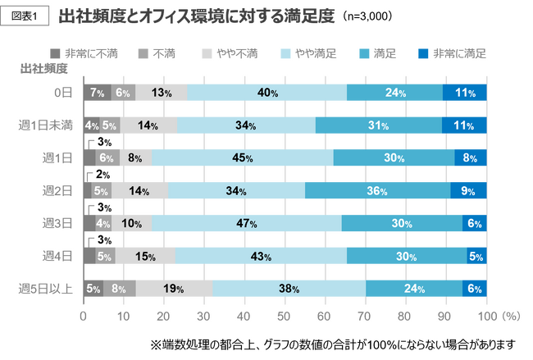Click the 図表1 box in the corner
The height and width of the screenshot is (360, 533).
coord(28,16)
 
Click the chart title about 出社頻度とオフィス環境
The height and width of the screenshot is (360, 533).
coord(197,16)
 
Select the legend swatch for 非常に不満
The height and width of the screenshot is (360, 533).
coord(55,53)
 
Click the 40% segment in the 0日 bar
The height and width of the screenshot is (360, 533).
coord(266,93)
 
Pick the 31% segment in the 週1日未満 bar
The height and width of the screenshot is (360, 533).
coord(379,125)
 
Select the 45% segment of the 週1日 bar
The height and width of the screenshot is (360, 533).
coord(242,157)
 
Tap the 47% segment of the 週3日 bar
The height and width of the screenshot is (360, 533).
coord(247,223)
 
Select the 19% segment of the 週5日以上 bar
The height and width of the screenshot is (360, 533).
coord(174,288)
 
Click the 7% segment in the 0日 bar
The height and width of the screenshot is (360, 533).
coord(97,93)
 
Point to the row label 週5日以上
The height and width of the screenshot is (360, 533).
coord(46,288)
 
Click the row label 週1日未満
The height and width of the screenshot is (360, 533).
coord(46,125)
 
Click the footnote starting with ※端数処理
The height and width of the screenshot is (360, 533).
coord(331,343)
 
